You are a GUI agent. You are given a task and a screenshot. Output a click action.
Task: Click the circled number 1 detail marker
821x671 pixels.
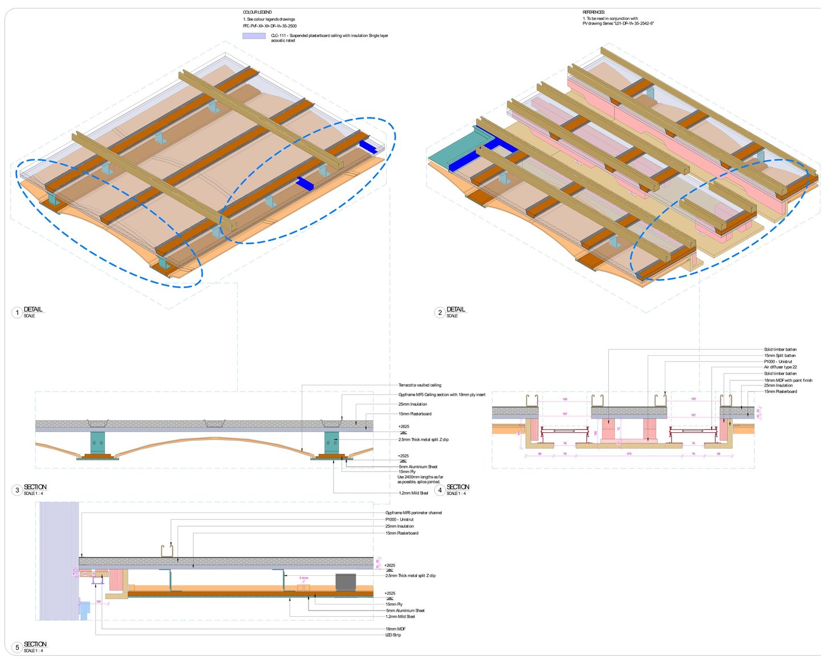point(17,312)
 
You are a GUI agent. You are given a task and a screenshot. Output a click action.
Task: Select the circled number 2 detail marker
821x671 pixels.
point(440,312)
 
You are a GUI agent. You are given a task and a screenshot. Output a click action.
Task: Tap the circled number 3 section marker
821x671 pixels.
point(17,490)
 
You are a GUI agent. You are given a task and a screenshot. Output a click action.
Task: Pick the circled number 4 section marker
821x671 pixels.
point(440,490)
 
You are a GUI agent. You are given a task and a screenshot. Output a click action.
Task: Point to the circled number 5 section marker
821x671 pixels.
point(17,648)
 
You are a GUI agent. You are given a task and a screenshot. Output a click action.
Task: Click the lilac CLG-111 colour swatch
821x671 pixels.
point(254,36)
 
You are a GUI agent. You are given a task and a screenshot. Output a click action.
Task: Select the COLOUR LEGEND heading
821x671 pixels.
point(257,12)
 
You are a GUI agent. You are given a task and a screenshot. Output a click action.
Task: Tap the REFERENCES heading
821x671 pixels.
point(594,12)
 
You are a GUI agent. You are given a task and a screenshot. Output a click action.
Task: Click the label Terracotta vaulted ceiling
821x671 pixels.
point(420,385)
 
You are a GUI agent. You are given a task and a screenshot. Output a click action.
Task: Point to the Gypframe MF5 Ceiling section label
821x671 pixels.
point(442,395)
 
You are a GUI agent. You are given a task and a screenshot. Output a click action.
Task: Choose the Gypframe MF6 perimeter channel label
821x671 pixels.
point(413,513)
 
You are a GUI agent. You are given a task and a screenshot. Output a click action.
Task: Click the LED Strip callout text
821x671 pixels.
point(393,635)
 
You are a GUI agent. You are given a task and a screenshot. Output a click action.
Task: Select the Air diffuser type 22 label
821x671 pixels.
point(781,367)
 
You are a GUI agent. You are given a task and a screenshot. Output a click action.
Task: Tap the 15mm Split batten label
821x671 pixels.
point(779,356)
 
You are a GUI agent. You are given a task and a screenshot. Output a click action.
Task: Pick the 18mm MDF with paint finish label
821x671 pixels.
point(788,380)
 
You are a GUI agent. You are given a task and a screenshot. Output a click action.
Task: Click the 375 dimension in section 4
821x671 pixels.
point(629,454)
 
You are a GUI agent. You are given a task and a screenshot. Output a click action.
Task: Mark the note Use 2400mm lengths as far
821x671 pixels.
point(420,477)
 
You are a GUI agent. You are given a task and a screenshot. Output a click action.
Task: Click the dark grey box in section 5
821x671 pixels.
point(346,582)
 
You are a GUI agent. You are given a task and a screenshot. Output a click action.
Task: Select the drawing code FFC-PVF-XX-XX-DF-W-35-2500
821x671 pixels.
point(270,26)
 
